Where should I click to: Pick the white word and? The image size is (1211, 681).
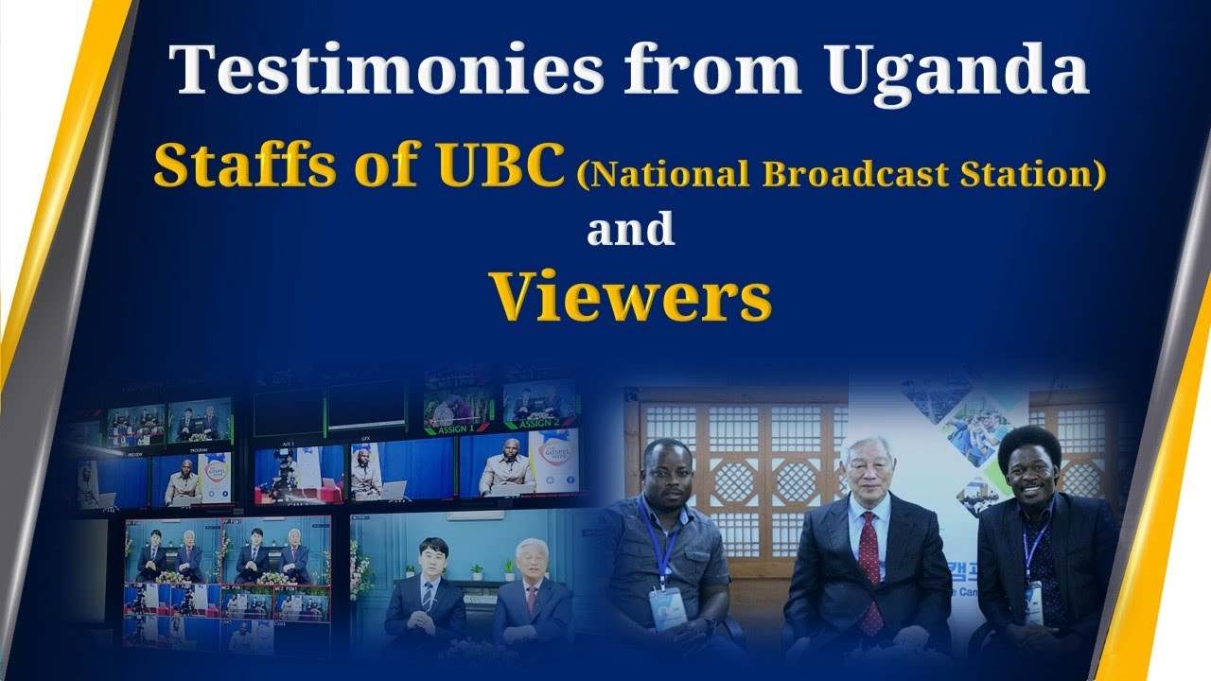[x=630, y=230]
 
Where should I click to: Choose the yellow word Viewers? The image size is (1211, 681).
[x=630, y=297]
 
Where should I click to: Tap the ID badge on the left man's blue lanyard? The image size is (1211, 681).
[x=665, y=605]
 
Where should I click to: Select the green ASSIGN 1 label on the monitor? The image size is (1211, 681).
[x=457, y=428]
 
